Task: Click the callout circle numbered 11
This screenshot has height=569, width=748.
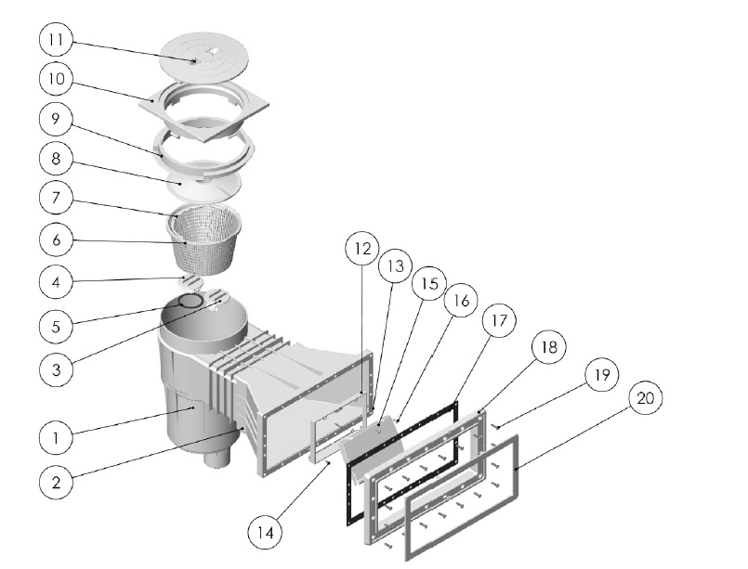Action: click(x=56, y=40)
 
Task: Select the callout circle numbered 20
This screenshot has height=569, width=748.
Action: click(x=645, y=398)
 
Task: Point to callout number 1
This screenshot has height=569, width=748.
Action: click(x=56, y=438)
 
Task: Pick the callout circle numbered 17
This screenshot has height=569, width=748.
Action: click(x=499, y=321)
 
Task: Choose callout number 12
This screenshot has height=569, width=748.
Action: click(x=362, y=249)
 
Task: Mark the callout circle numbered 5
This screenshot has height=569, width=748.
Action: click(x=56, y=327)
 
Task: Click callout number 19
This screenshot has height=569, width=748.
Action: click(x=601, y=374)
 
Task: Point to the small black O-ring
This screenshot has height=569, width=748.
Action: click(x=190, y=301)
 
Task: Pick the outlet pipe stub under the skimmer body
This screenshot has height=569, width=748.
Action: click(x=218, y=459)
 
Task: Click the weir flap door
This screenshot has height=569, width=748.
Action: click(x=372, y=438)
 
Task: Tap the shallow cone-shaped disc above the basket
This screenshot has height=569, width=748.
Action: click(x=203, y=184)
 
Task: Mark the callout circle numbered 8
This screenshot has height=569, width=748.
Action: click(x=56, y=159)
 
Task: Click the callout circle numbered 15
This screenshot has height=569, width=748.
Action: click(x=429, y=283)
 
